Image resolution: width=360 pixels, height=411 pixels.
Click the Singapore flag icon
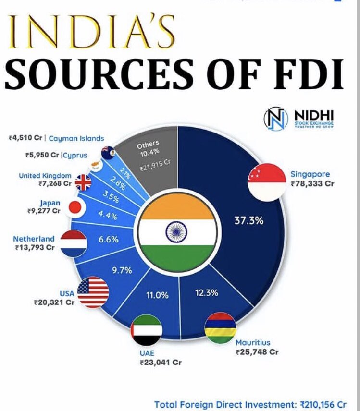pos(267,181)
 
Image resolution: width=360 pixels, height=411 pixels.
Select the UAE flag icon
pos(147,330)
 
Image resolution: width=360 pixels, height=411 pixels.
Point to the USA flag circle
pos(93,292)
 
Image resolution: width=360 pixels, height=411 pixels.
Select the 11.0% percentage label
pos(157,295)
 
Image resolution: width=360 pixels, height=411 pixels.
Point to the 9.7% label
pos(122,270)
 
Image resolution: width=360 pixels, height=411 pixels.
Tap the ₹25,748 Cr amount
pos(257,352)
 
